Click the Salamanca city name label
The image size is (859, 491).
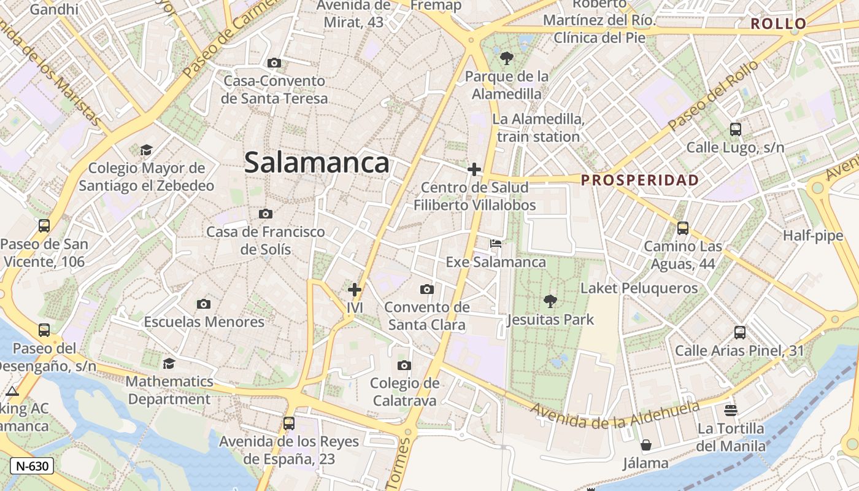(317, 163)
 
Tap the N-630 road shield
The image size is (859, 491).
(32, 466)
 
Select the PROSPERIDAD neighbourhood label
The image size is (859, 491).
(640, 180)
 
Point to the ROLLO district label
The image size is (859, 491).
(779, 24)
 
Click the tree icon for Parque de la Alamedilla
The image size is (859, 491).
(506, 58)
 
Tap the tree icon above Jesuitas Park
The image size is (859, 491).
(550, 301)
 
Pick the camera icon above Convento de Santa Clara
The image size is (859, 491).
(427, 289)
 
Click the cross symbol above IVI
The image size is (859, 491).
(355, 289)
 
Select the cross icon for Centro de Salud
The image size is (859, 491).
(474, 169)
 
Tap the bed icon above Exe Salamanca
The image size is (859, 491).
(496, 244)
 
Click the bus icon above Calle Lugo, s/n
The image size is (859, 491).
(735, 130)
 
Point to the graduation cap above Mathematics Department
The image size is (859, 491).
(169, 363)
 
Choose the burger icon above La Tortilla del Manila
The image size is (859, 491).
(730, 410)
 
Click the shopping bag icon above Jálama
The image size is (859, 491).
(645, 445)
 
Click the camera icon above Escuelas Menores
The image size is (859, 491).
(204, 304)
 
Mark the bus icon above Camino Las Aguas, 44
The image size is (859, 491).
(682, 228)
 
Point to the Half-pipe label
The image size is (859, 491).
(813, 236)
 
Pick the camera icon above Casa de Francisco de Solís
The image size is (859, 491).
(265, 214)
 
